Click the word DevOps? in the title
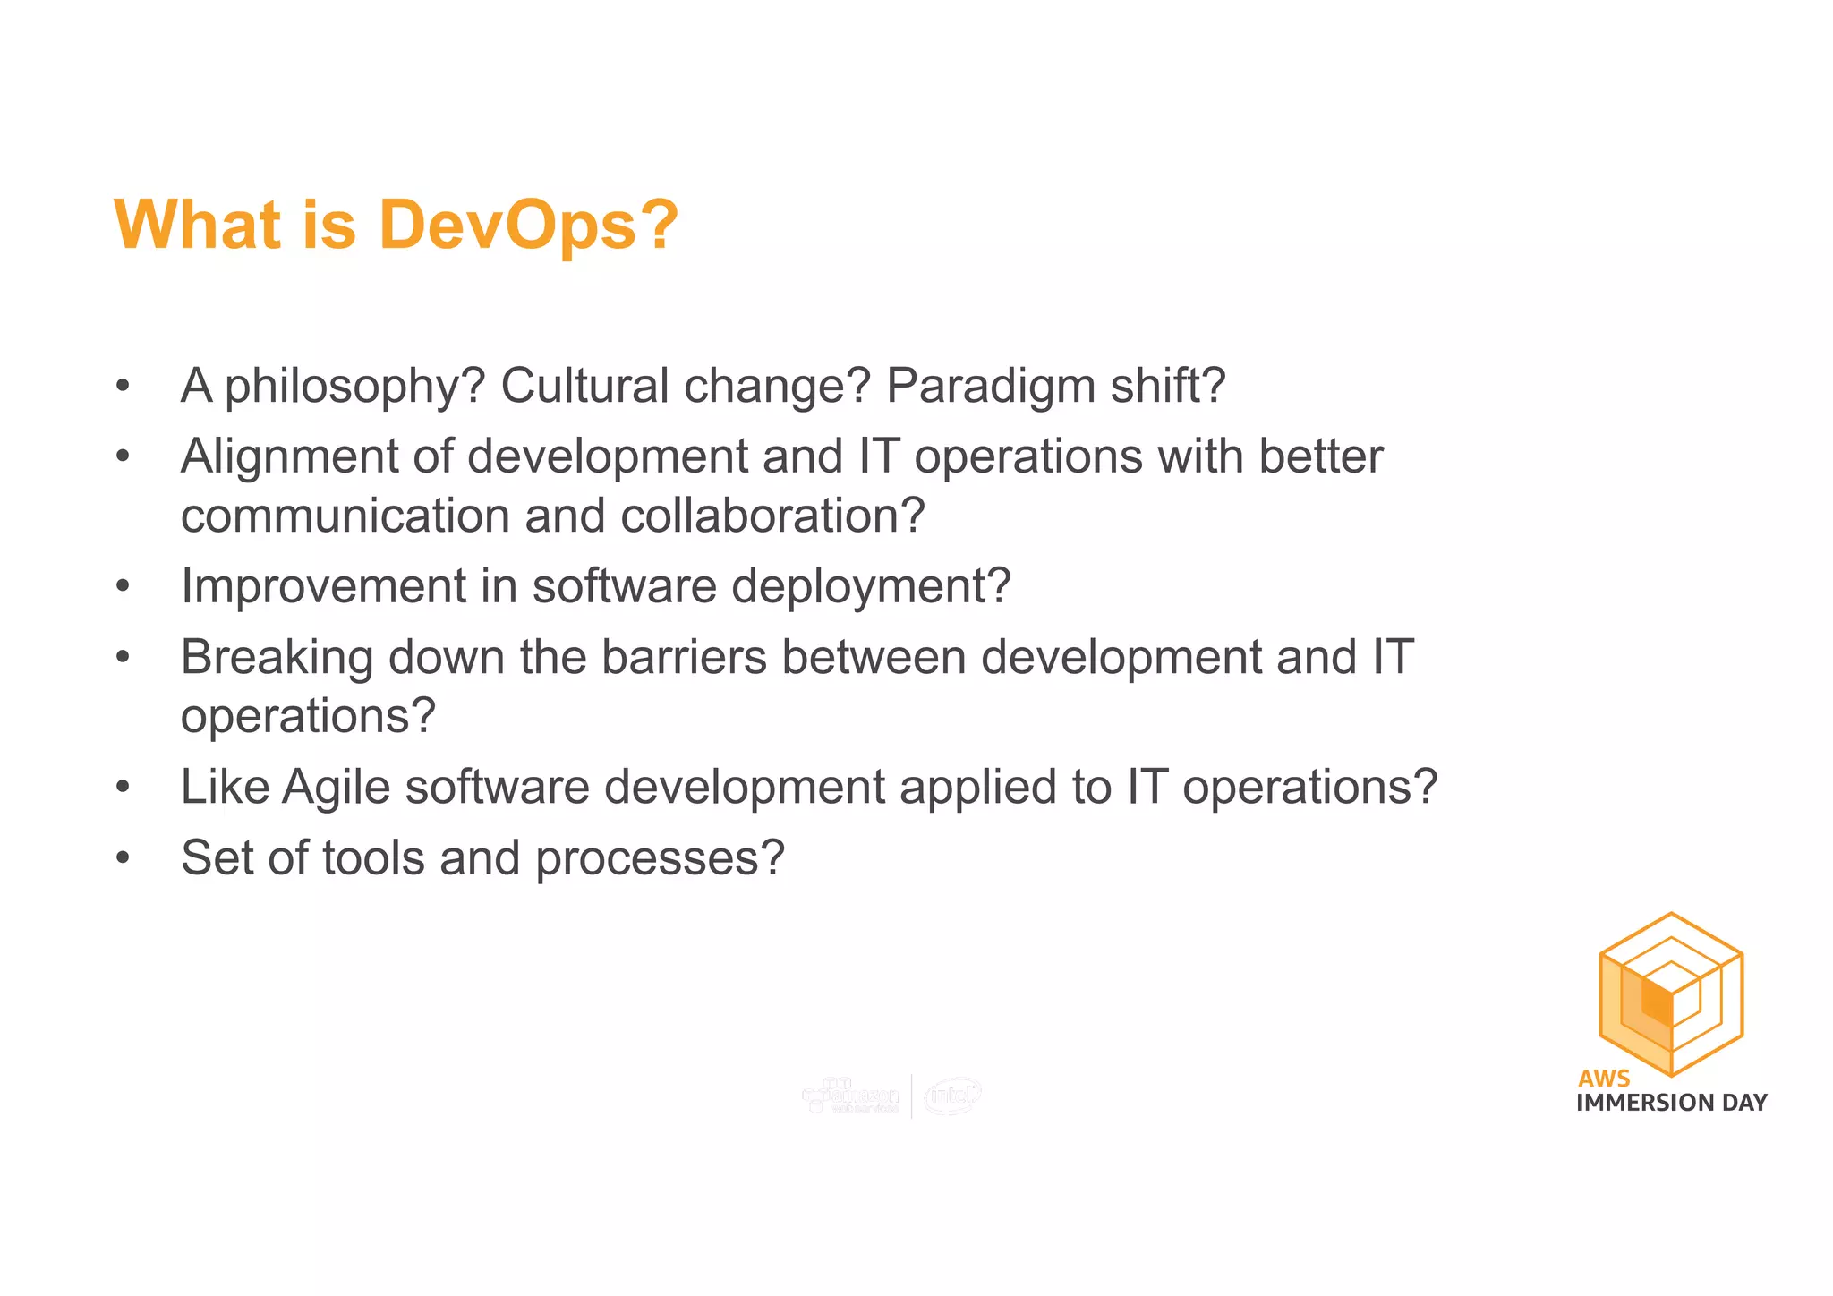pyautogui.click(x=528, y=226)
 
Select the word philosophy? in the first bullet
pyautogui.click(x=354, y=388)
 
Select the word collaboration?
pyautogui.click(x=772, y=516)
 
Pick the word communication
pyautogui.click(x=345, y=516)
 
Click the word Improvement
pyautogui.click(x=323, y=586)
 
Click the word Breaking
pyautogui.click(x=277, y=658)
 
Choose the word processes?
pyautogui.click(x=660, y=859)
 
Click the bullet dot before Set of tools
pyautogui.click(x=123, y=858)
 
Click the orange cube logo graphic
pyautogui.click(x=1670, y=993)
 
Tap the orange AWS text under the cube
pyautogui.click(x=1604, y=1079)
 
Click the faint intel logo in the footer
pyautogui.click(x=952, y=1096)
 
